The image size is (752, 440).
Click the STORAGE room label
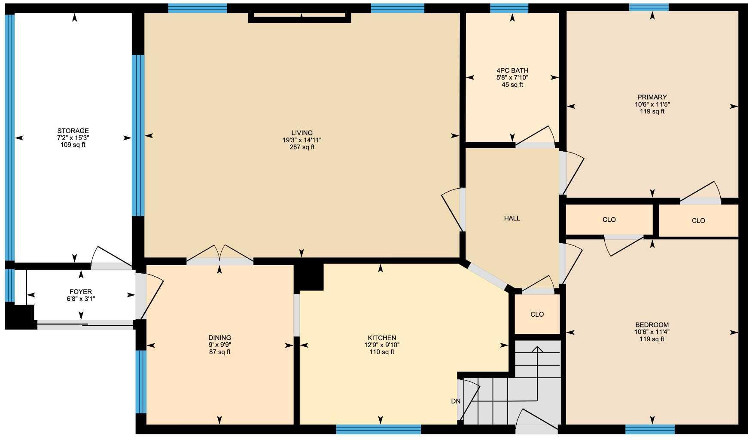click(73, 131)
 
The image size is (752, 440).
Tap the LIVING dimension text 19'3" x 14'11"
click(302, 140)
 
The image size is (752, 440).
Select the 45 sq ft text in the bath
click(512, 85)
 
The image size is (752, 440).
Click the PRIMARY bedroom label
click(652, 97)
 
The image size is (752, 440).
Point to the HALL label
click(512, 218)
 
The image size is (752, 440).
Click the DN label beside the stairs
click(456, 401)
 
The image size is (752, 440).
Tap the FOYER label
click(81, 292)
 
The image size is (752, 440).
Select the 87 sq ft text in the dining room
click(219, 352)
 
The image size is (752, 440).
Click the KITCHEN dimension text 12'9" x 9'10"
click(382, 345)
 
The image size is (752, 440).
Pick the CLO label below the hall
click(537, 314)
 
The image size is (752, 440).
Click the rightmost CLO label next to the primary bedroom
click(698, 221)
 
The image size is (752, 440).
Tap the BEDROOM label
click(652, 325)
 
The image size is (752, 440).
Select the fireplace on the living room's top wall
click(300, 17)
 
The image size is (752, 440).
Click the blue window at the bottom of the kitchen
click(378, 429)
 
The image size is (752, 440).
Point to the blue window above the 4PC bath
click(509, 8)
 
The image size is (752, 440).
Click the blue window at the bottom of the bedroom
click(650, 429)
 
